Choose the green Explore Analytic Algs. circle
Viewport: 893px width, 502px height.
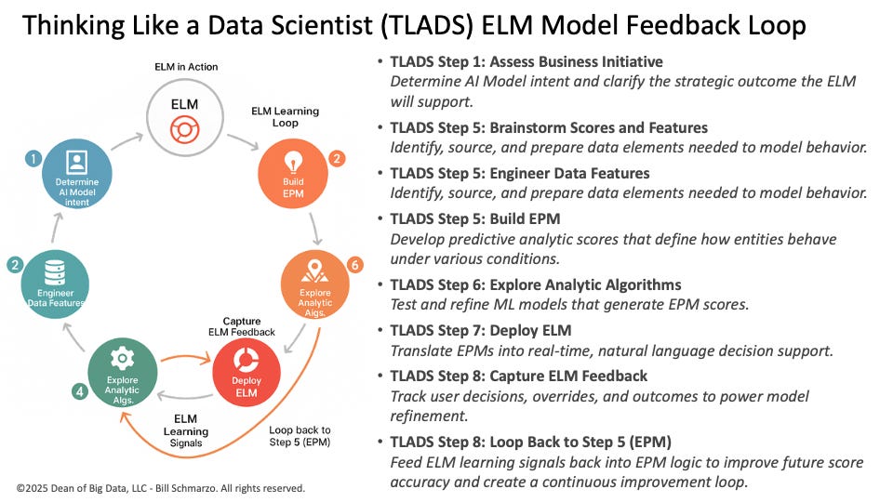coord(122,376)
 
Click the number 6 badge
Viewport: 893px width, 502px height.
coord(353,265)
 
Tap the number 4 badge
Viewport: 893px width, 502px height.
coord(80,391)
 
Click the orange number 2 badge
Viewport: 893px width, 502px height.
coord(337,158)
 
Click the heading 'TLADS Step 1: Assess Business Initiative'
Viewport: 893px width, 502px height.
coord(526,62)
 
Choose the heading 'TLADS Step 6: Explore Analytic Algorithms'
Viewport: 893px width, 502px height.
coord(536,284)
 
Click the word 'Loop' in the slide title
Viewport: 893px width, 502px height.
coord(770,26)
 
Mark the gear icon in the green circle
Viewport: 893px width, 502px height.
coord(122,359)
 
